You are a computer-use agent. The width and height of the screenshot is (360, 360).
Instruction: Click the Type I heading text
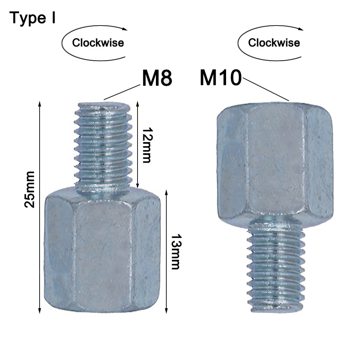32,18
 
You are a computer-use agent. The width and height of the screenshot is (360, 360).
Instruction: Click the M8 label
157,78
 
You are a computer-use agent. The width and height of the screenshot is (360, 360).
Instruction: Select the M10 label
221,78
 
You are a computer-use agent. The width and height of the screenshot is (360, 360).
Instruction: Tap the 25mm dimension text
30,189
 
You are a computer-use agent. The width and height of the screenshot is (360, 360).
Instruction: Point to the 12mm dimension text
147,145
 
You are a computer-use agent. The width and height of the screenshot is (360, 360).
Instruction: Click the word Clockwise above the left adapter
98,43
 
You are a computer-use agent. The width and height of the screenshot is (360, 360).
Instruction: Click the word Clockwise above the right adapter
274,43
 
